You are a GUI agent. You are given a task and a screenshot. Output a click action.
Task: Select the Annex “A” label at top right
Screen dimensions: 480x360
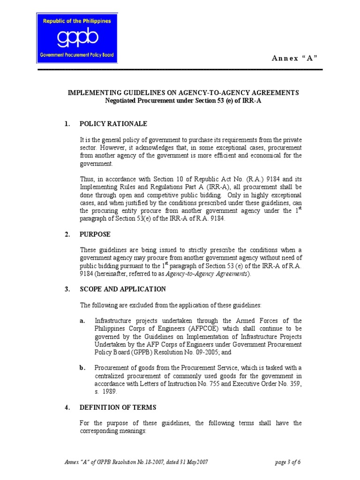(297, 58)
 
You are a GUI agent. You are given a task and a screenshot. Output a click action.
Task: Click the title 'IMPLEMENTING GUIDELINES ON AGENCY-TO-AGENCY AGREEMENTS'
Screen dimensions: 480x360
(183, 93)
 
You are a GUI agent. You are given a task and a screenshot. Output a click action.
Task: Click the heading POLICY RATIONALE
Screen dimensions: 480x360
(113, 124)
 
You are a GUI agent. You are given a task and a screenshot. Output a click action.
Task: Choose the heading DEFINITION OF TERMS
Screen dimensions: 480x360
(118, 407)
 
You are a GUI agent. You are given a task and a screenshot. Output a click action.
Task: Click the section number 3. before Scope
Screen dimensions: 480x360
(67, 289)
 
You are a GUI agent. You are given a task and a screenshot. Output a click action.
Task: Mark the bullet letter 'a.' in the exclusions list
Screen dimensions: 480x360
(83, 321)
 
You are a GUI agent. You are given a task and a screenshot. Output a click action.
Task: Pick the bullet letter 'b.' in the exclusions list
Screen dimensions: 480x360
(83, 368)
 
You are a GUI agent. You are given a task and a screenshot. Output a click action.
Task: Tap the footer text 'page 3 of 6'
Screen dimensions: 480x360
(288, 462)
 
